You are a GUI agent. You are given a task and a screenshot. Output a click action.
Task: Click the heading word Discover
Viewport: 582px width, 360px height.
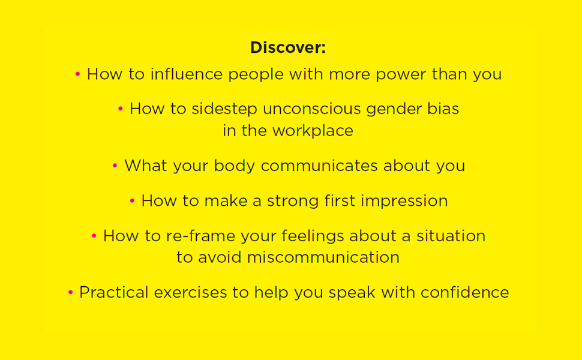coord(287,47)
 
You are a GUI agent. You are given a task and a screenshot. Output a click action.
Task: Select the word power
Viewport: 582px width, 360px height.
coord(398,74)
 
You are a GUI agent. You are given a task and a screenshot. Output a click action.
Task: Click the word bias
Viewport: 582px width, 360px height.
coord(443,109)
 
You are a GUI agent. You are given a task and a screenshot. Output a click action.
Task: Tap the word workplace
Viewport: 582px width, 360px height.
coord(313,131)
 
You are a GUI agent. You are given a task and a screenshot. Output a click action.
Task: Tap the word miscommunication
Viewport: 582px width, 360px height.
coord(323,257)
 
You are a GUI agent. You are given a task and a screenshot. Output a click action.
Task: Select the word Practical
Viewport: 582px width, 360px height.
coord(114,293)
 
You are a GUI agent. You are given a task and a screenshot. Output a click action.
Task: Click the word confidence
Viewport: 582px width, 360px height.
coord(464,293)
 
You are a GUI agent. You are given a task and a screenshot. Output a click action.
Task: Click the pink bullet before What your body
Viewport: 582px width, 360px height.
coord(115,166)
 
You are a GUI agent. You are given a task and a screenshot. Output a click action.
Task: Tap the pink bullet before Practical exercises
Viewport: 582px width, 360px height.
coord(70,293)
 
